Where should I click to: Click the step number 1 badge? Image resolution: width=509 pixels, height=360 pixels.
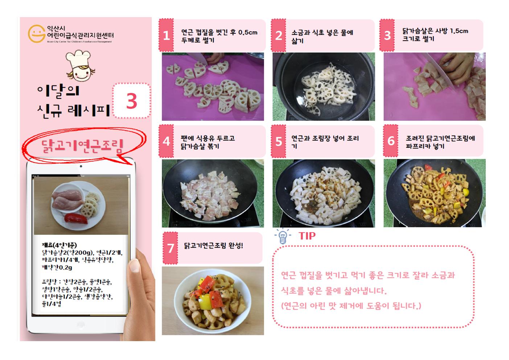coord(166,35)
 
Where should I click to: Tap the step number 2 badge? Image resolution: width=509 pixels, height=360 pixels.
coord(278,35)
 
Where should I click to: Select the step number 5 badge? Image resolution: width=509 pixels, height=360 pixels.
coord(278,141)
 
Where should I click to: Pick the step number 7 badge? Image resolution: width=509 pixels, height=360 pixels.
coord(171,248)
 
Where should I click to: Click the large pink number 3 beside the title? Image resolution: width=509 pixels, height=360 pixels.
coord(132,101)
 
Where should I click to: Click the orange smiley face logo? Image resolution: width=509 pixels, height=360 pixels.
coord(36,34)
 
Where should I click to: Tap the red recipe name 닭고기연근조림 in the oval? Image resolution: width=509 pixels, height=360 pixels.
coord(82,146)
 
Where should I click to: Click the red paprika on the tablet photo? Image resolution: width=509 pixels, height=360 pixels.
coord(76,218)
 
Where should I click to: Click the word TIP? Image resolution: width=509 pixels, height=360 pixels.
coord(307,236)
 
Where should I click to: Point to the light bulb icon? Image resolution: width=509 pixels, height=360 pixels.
coord(283,236)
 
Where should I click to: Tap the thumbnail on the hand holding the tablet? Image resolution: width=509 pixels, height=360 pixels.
coord(134,265)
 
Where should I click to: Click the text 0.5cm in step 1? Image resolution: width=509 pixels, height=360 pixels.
coord(248,33)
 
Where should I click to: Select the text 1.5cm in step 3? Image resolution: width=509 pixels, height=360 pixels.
coord(459,31)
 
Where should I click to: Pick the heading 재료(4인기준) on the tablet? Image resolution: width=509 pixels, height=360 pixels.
coord(59,245)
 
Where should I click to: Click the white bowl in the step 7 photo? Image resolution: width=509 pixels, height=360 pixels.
coord(213,301)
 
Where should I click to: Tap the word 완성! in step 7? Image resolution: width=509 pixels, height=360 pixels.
coord(236,245)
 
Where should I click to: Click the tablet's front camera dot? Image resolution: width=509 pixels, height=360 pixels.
coord(81,166)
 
